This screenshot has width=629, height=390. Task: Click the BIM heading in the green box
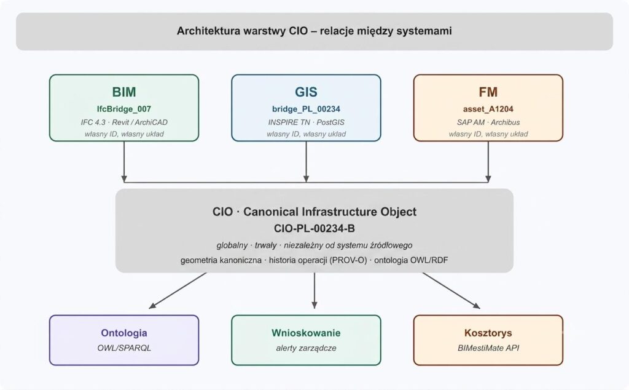click(124, 92)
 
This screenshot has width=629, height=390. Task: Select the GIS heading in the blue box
click(306, 92)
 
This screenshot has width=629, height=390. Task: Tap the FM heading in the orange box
click(488, 92)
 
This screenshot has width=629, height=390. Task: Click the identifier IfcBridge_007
click(124, 109)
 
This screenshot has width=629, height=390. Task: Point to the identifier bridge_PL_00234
click(306, 109)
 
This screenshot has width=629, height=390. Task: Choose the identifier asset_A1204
click(488, 109)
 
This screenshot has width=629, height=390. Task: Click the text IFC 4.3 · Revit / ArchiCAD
click(124, 122)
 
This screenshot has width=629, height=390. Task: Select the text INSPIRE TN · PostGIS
click(306, 122)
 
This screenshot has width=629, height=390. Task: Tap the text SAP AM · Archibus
click(488, 122)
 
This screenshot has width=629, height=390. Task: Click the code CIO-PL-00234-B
click(314, 229)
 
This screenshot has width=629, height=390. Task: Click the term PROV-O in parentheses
click(348, 260)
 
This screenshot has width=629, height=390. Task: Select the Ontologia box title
click(124, 333)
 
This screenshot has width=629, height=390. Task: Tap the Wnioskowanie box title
click(306, 333)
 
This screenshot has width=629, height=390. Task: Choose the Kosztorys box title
click(488, 333)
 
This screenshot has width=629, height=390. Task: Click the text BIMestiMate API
click(488, 348)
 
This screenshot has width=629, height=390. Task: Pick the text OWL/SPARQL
click(124, 348)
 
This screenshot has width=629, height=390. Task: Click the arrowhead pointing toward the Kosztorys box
click(477, 306)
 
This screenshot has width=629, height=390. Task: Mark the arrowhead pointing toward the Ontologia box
click(152, 306)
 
